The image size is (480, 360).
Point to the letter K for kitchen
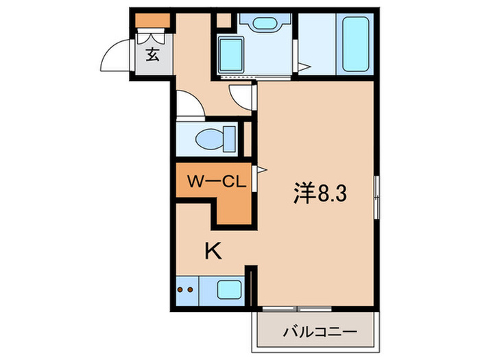click(x=214, y=252)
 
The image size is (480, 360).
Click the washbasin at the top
click(x=261, y=22)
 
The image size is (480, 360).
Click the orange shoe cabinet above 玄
click(x=152, y=20)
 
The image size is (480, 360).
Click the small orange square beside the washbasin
click(x=223, y=19)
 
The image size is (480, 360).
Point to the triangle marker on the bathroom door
click(x=306, y=67)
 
